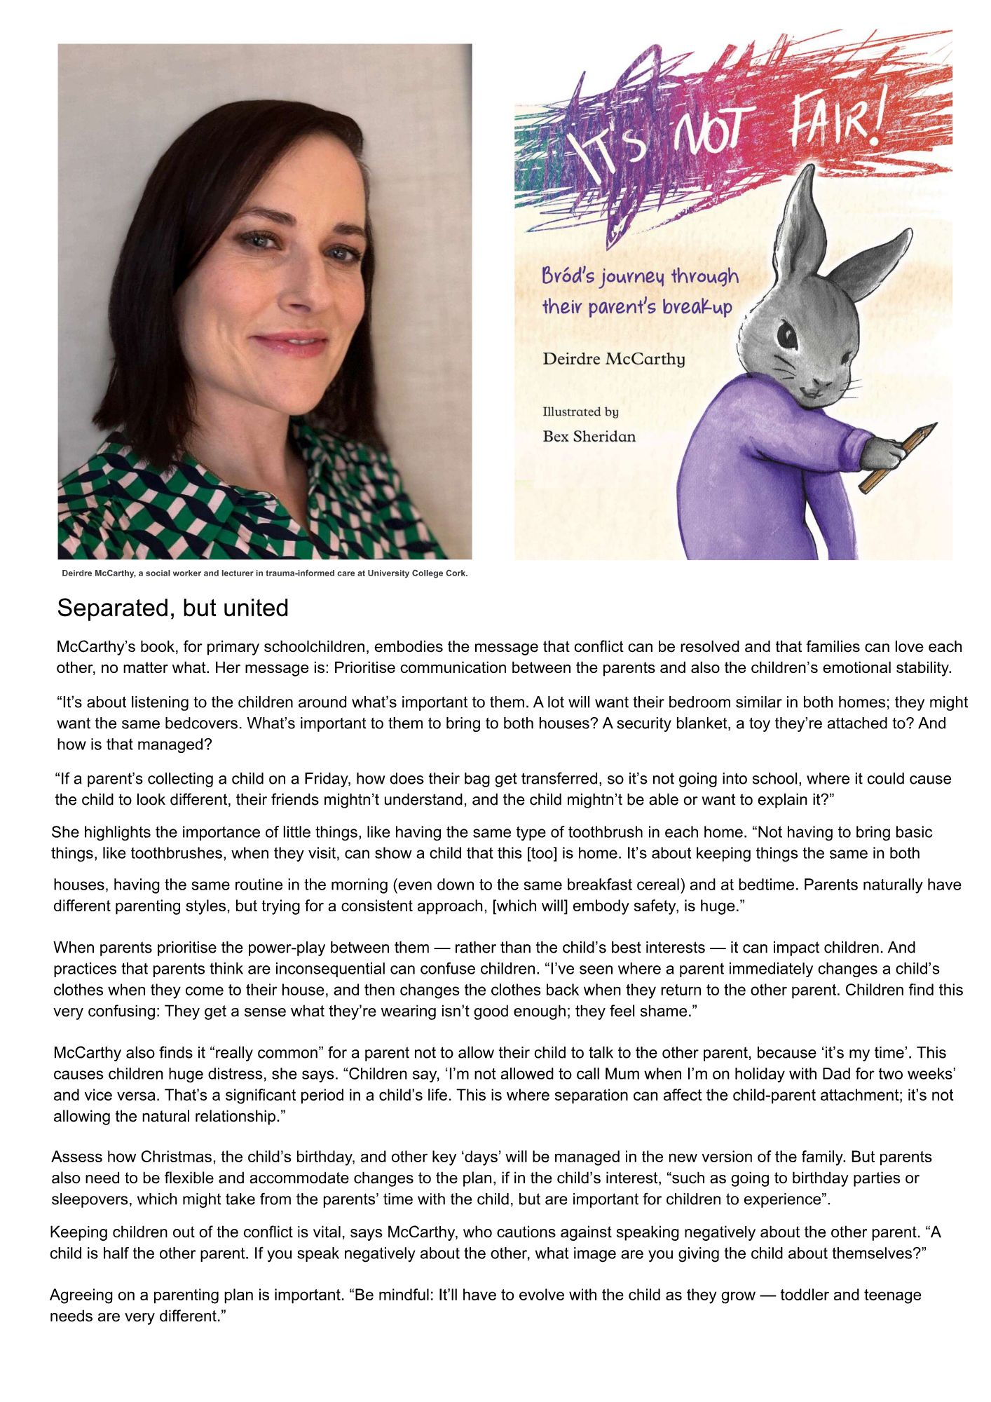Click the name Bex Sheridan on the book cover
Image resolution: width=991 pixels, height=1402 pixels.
click(x=589, y=436)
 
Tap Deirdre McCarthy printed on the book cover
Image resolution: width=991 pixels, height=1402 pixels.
click(x=613, y=359)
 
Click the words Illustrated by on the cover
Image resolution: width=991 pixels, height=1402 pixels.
click(x=580, y=411)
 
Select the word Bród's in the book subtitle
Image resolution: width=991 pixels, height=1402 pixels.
click(x=568, y=275)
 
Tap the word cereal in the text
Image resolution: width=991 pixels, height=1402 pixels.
click(x=655, y=885)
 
